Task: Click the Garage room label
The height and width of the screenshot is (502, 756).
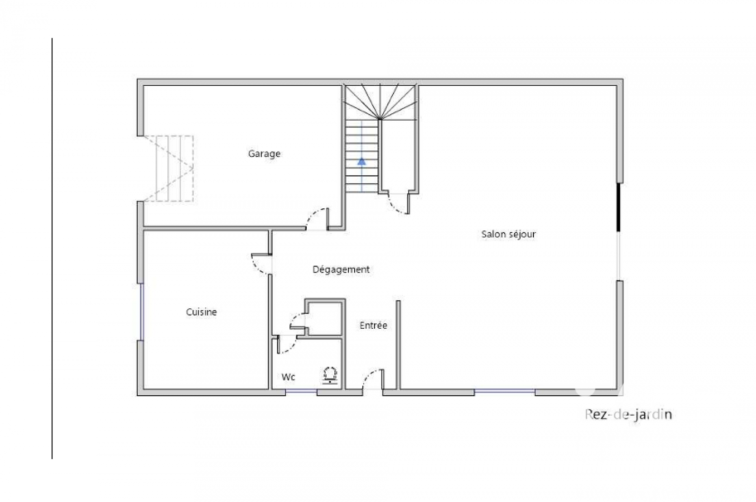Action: pos(264,154)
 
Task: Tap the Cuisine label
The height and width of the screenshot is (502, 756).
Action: pos(201,312)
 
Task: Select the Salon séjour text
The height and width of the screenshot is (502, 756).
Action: pos(508,234)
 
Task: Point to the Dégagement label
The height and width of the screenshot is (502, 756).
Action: pos(341,270)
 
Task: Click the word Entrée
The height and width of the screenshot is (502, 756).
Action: pos(373,325)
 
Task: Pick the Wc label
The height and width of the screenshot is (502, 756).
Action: pos(288,377)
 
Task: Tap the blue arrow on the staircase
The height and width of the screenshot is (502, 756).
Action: pos(361,161)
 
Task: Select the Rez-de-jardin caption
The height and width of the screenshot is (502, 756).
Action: pos(628,415)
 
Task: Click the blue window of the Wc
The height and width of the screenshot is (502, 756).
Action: pos(301,391)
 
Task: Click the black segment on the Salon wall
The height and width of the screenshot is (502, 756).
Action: pos(619,207)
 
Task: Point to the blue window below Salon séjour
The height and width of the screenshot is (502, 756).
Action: pos(504,391)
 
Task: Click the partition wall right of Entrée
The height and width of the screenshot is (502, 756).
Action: pos(398,345)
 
